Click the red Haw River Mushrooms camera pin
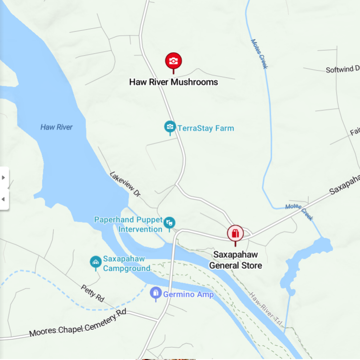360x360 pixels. tap(173, 61)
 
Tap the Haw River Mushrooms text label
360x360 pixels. tap(173, 82)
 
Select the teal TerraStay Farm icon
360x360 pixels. tap(169, 127)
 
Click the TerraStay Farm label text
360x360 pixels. tap(205, 128)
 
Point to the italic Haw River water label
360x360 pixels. tap(57, 127)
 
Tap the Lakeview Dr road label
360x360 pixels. tap(125, 184)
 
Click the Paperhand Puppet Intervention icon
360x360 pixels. tap(169, 223)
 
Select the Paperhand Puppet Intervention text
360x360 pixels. tap(128, 225)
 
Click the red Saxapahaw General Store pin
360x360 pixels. tap(235, 233)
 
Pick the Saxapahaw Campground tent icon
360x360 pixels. tap(96, 262)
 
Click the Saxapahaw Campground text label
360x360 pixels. tap(127, 264)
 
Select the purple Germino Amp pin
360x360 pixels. tap(156, 292)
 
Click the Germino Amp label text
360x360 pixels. tap(188, 294)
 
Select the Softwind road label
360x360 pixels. tap(342, 70)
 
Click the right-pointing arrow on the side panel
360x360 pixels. tap(4, 178)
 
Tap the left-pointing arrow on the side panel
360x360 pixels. tap(4, 199)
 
